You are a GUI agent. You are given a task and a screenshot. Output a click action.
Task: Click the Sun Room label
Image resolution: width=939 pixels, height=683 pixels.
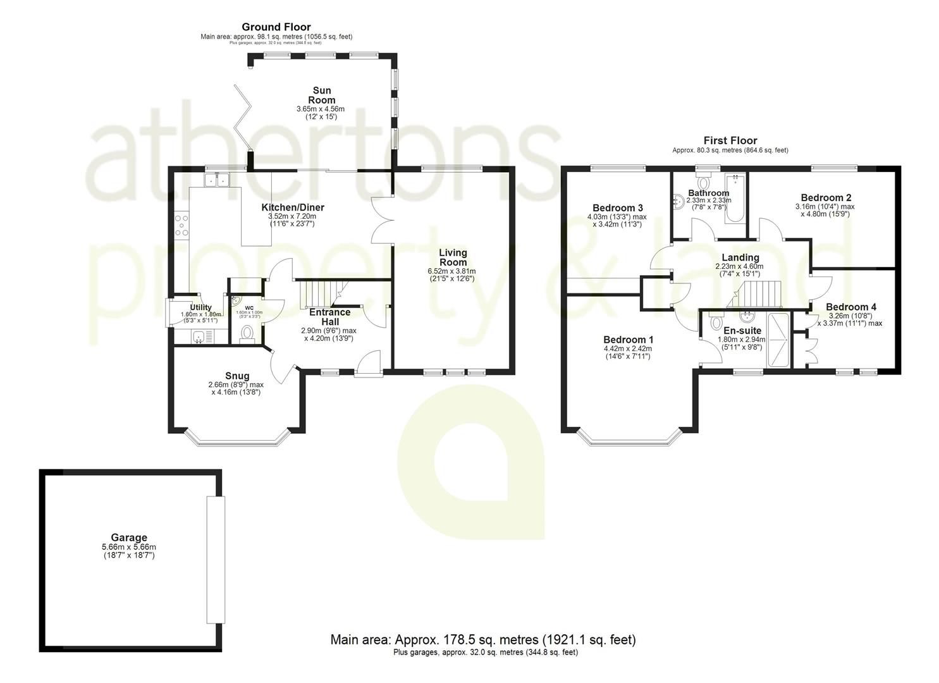(321, 95)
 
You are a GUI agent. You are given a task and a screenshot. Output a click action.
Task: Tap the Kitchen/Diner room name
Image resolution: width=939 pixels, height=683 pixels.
(293, 207)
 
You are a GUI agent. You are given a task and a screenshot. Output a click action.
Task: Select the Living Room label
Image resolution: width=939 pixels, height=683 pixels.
(453, 257)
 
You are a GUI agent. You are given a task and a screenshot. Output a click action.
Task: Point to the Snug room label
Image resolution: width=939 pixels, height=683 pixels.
(236, 376)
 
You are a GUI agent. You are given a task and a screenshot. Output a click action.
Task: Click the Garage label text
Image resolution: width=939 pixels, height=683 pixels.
(129, 538)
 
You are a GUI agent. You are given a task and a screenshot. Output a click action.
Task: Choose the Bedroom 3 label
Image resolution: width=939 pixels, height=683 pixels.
(618, 208)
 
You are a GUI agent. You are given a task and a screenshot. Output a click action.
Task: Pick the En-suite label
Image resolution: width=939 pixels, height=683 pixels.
(742, 331)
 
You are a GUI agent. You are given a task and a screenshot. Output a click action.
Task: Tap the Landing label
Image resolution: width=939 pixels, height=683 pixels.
(740, 257)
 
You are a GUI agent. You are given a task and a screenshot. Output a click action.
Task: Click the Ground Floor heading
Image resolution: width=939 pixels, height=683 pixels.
(276, 27)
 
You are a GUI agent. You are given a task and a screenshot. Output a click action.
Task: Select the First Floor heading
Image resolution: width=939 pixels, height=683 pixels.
(730, 141)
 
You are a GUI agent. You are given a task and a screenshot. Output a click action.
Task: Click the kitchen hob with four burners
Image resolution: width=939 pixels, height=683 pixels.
(181, 226)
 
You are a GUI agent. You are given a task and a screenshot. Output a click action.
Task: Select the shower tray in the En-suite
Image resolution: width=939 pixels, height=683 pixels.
(778, 340)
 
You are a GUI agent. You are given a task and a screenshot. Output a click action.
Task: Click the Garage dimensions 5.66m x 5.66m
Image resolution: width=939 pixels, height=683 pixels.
(129, 547)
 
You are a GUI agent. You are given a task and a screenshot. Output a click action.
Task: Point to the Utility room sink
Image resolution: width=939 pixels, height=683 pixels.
(199, 338)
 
